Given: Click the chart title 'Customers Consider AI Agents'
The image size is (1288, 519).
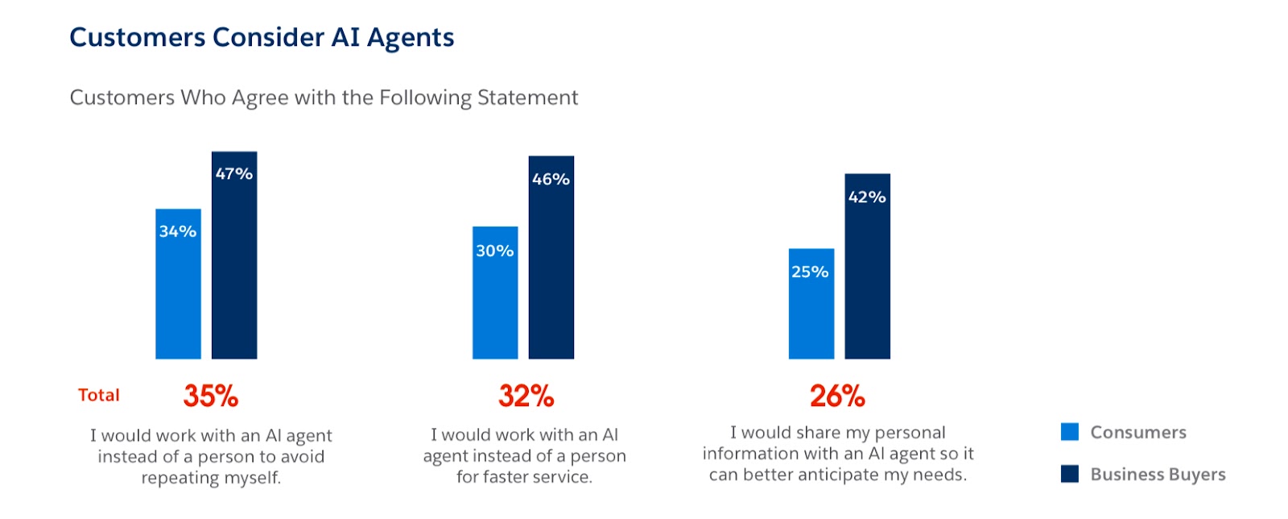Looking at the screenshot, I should pyautogui.click(x=262, y=38).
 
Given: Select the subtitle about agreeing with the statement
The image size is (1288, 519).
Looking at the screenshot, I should pyautogui.click(x=324, y=98).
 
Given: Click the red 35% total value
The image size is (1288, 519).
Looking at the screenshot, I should pyautogui.click(x=211, y=396).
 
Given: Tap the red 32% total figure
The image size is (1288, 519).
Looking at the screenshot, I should pyautogui.click(x=526, y=396).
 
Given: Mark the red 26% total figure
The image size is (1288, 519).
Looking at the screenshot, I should pyautogui.click(x=837, y=396).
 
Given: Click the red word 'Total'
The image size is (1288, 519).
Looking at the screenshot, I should pyautogui.click(x=99, y=395).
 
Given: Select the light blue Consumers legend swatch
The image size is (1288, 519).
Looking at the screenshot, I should pyautogui.click(x=1070, y=432).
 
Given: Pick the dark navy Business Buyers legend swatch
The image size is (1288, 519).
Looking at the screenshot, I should pyautogui.click(x=1070, y=474).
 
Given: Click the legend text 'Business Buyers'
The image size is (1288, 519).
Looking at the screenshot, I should pyautogui.click(x=1158, y=474).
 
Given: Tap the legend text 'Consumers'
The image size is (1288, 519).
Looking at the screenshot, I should pyautogui.click(x=1138, y=432).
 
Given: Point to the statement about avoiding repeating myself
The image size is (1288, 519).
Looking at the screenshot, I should pyautogui.click(x=211, y=456).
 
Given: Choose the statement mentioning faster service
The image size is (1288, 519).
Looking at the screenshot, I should pyautogui.click(x=525, y=455).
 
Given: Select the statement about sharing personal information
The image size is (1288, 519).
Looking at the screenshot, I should pyautogui.click(x=838, y=454).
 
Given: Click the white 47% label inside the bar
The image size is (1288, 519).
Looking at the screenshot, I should pyautogui.click(x=234, y=173).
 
